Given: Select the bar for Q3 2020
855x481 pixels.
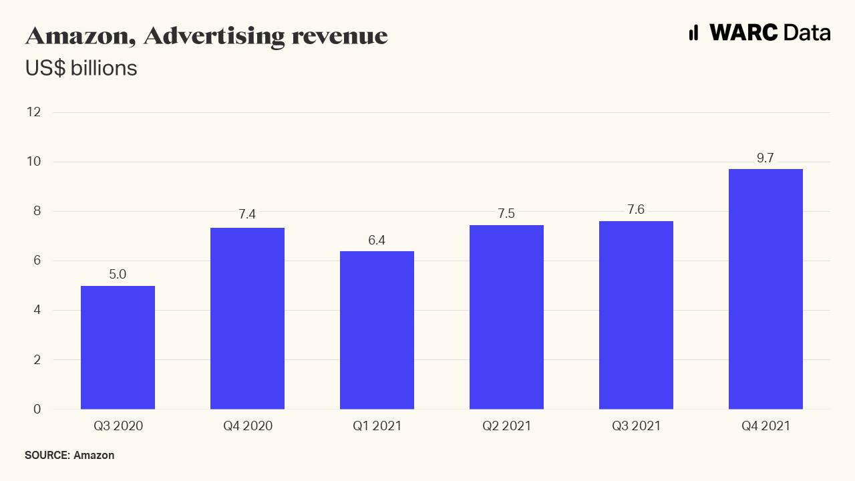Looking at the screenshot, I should coord(118,347).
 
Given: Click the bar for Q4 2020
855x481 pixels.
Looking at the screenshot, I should coord(247,319).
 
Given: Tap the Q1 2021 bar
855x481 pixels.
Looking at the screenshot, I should coord(377,330).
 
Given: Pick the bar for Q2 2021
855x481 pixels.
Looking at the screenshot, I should coord(506,317).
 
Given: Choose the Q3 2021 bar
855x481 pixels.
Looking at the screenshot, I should coord(636,315).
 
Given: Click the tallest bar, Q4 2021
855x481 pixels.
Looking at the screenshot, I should coord(765,289).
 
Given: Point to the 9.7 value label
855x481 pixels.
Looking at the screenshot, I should coord(765,158).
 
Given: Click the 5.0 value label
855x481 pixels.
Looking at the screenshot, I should coord(118,275).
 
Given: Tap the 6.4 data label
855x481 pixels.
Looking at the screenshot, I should coord(377,240).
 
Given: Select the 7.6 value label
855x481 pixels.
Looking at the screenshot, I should coord(636,210).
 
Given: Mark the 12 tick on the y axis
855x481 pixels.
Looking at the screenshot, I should coord(34,112).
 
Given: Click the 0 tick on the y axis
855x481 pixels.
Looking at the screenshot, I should coord(37,409).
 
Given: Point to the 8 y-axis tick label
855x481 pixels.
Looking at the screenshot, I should coord(37,211).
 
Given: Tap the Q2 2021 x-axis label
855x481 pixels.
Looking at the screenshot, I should coord(506,426).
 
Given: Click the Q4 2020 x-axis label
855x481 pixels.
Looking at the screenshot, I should coord(247,426).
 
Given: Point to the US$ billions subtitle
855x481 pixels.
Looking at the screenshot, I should coord(81,68).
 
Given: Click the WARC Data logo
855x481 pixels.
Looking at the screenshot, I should coord(759,32).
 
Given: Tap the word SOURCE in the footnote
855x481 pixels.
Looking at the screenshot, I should coord(47,456).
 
